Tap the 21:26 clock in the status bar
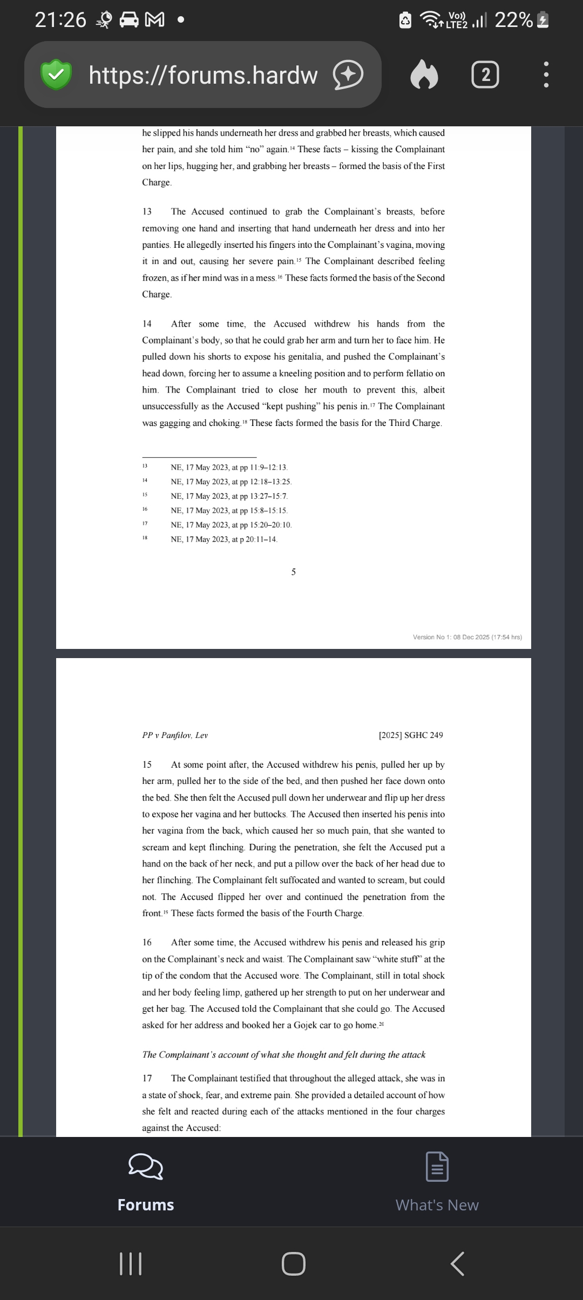click(60, 20)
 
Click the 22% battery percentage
click(513, 20)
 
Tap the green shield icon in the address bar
click(56, 75)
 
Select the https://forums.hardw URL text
click(203, 75)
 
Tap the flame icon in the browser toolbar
click(424, 75)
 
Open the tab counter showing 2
click(485, 75)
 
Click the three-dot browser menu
click(546, 75)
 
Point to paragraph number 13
click(147, 212)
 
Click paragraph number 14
click(147, 324)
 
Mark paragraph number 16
click(147, 942)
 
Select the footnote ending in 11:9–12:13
click(229, 468)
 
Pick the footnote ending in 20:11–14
click(224, 539)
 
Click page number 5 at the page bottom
click(294, 572)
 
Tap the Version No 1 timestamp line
click(467, 637)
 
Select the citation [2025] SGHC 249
click(411, 735)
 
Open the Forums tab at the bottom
click(146, 1182)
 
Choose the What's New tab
click(437, 1182)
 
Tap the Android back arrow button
click(457, 1264)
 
